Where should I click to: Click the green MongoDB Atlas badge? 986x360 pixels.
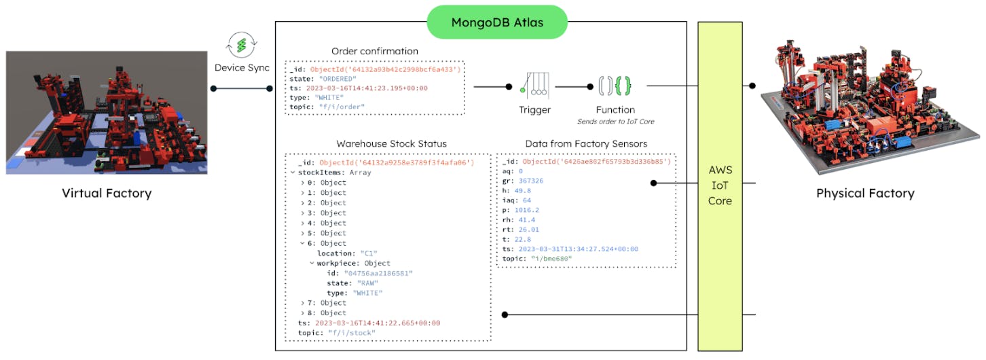pos(496,22)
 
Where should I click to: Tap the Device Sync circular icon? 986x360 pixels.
pos(242,46)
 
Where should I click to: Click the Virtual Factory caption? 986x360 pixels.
pos(107,193)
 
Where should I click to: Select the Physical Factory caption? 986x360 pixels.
pos(865,193)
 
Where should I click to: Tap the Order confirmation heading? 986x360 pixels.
pos(375,51)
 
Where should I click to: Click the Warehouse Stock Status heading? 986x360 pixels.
pos(391,144)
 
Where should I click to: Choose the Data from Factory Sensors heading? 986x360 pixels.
pos(586,144)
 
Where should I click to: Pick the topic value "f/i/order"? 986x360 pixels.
pos(342,107)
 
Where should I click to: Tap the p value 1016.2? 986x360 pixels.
pos(530,211)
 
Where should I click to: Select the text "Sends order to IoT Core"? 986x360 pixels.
pos(615,122)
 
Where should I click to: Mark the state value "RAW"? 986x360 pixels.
pos(367,283)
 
